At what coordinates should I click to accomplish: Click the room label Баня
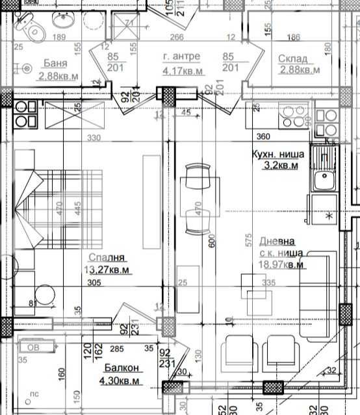pos(57,63)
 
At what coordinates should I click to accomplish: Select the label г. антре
pos(181,56)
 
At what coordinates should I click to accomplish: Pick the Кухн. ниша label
pos(276,155)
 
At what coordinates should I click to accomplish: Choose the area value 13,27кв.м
pos(107,270)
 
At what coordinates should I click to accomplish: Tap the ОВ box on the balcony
pos(31,347)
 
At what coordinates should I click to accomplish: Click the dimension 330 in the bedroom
pos(95,138)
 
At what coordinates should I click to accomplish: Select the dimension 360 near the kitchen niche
pos(263,137)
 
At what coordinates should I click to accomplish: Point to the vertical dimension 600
pos(211,242)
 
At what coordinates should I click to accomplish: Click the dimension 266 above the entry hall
pos(175,37)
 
